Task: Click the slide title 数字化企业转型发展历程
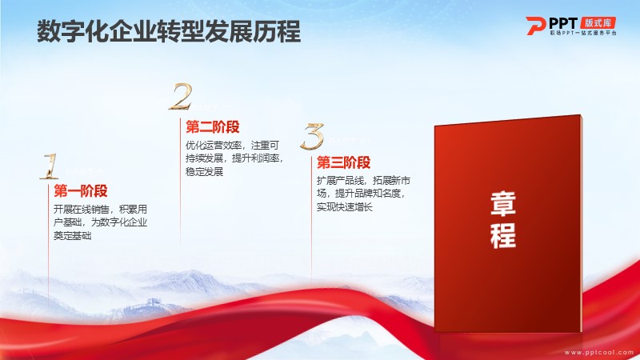click(x=169, y=31)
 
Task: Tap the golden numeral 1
click(x=50, y=166)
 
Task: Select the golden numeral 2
click(x=181, y=97)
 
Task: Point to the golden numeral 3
click(x=313, y=136)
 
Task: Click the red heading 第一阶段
click(x=81, y=190)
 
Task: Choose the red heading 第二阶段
click(x=213, y=127)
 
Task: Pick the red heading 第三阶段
click(x=344, y=162)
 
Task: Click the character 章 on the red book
click(x=503, y=204)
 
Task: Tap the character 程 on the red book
click(x=503, y=235)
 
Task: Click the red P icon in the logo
click(x=535, y=26)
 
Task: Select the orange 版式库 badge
click(x=598, y=22)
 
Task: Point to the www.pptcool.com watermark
click(x=598, y=352)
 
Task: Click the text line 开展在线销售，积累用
click(x=101, y=210)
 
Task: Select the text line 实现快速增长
click(x=345, y=207)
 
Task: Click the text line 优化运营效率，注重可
click(x=233, y=146)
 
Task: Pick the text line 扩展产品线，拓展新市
click(x=364, y=181)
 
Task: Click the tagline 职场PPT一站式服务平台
click(x=583, y=33)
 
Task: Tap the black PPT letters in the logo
click(x=564, y=23)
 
